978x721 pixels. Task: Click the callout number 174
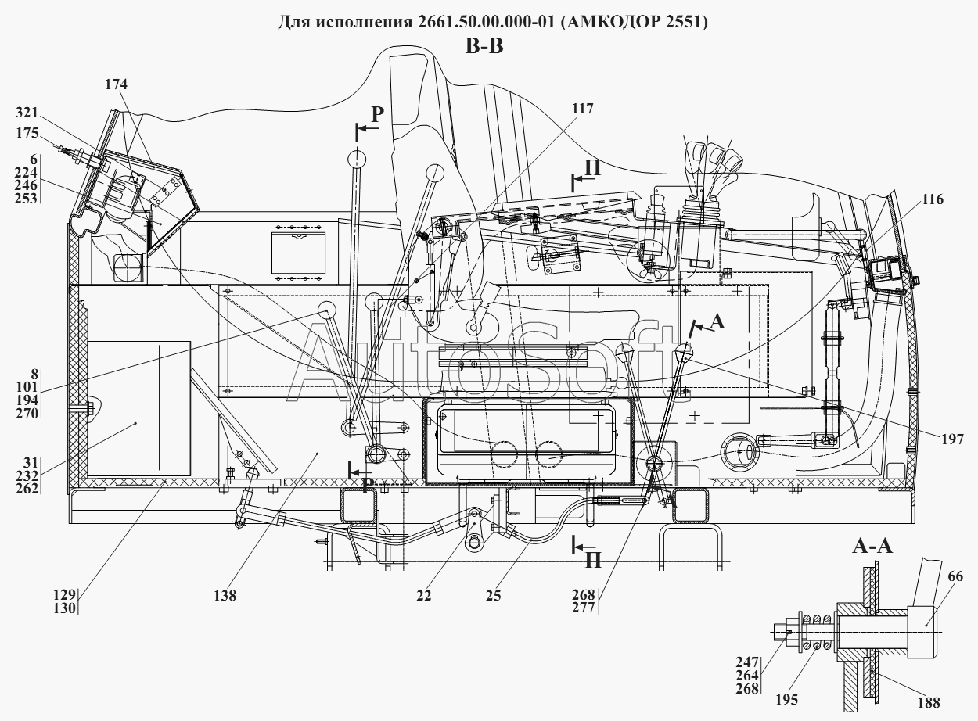(x=116, y=84)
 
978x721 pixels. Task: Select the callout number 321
(x=27, y=113)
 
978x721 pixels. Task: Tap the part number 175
(x=27, y=133)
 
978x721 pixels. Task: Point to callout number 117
(x=583, y=108)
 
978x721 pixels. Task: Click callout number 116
(x=933, y=199)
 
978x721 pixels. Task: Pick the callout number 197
(x=952, y=439)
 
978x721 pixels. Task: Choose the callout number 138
(x=225, y=595)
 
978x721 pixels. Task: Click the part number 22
(x=423, y=595)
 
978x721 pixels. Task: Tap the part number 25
(x=494, y=595)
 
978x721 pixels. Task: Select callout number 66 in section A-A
(x=955, y=576)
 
